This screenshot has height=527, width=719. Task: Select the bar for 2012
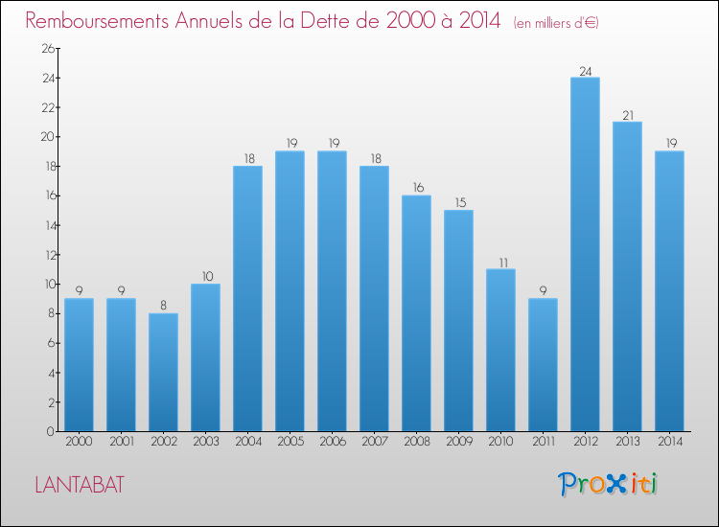tap(585, 254)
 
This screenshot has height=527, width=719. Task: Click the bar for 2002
tap(163, 372)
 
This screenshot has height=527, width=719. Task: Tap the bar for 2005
tap(290, 290)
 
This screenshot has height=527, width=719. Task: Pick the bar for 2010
tap(500, 350)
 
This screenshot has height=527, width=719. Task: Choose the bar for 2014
tap(669, 290)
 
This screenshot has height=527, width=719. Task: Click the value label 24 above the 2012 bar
tap(585, 70)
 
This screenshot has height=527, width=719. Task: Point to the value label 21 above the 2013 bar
tap(627, 115)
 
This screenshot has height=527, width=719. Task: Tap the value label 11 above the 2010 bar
tap(500, 263)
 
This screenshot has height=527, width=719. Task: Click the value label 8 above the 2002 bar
tap(163, 307)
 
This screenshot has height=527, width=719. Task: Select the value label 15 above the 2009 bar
tap(458, 203)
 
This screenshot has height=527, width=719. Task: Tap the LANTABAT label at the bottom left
tap(79, 485)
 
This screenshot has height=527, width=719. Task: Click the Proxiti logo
tap(607, 484)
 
